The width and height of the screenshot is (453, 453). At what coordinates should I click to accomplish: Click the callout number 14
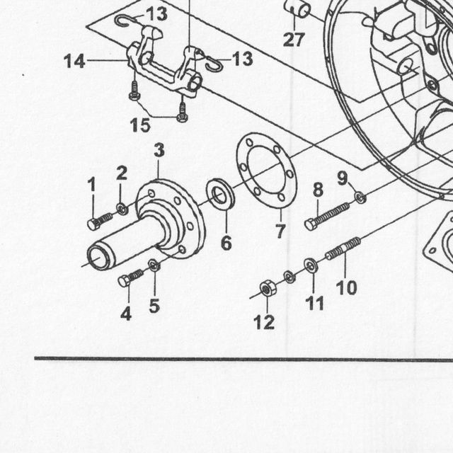(74, 62)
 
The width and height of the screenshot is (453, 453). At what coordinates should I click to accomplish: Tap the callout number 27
(294, 40)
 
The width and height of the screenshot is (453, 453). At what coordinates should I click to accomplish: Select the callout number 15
(140, 125)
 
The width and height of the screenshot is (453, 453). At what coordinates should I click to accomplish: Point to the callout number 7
(280, 231)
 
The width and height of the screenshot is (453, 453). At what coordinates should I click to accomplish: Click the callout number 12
(264, 322)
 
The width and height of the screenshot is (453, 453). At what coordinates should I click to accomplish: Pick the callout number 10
(347, 287)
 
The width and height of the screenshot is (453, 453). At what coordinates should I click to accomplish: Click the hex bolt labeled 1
(100, 222)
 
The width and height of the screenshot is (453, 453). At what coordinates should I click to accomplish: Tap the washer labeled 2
(122, 209)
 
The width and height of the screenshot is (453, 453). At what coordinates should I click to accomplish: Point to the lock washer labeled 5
(154, 265)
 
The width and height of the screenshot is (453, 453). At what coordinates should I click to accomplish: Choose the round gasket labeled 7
(266, 170)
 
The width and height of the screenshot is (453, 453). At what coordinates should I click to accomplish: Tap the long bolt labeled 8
(327, 217)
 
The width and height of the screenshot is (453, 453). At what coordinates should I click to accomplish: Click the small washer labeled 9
(360, 198)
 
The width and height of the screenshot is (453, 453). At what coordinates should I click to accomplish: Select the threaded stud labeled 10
(343, 248)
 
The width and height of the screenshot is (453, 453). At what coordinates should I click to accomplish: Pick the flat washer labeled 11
(311, 265)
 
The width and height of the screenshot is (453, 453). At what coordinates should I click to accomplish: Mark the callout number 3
(159, 151)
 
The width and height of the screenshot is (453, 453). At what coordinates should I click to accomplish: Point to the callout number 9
(343, 178)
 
